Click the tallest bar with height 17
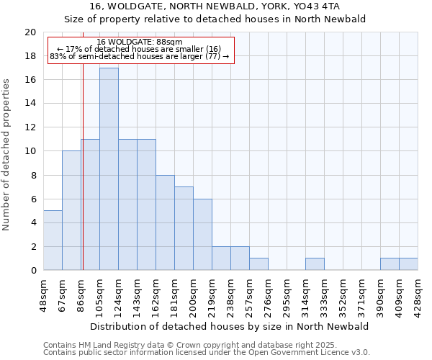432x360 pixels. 109,168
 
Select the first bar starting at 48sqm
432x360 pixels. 53,240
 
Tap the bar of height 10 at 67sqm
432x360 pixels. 71,210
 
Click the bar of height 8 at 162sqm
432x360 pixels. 165,222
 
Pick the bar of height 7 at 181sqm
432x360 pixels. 184,228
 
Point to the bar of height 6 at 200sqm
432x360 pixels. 202,234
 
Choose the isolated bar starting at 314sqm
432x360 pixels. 315,264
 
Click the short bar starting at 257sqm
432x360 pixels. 258,264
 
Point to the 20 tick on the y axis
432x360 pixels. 30,32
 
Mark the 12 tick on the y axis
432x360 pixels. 30,127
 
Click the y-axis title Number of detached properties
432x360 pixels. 7,151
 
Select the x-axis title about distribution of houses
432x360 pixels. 230,326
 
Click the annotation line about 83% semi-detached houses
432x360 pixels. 140,56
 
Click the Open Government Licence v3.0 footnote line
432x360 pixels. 207,353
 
